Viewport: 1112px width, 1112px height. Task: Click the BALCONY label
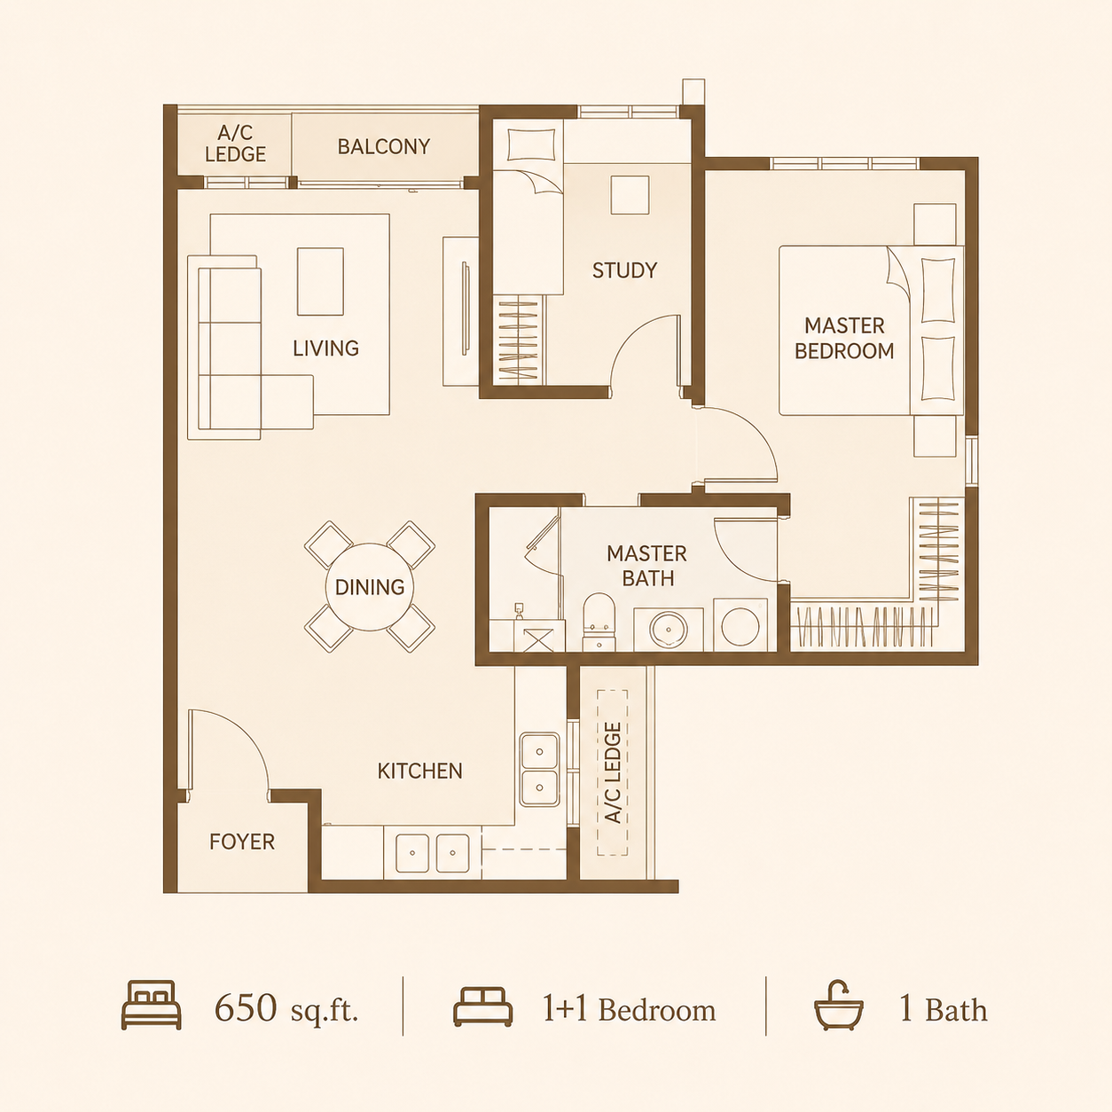384,146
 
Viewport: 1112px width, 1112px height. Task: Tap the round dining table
370,587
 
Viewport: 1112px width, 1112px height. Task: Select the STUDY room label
625,270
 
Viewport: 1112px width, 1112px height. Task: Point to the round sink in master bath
669,630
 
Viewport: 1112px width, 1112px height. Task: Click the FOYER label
242,842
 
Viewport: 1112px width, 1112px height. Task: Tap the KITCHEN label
420,771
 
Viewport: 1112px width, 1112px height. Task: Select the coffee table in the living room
320,282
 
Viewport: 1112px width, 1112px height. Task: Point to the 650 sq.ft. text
286,1010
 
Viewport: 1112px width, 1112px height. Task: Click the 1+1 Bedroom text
629,1010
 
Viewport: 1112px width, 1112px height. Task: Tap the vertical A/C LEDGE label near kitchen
612,773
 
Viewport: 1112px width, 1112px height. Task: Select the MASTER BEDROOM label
844,338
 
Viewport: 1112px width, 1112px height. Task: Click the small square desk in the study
630,195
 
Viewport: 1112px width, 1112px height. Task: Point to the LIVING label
326,348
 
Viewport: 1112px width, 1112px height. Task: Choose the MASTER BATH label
646,566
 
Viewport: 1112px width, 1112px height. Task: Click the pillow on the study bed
531,145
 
